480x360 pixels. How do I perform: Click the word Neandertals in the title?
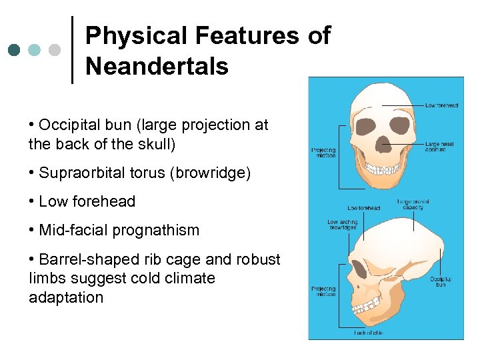157,66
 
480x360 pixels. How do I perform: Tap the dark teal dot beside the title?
14,50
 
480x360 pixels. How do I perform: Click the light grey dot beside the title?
55,50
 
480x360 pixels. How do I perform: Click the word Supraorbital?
86,173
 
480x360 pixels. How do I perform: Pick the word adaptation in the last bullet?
66,297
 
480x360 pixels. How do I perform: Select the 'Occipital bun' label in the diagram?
440,282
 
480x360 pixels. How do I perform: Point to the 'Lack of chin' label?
368,332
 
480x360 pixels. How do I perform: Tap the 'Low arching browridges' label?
342,225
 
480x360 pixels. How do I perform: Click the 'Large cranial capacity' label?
413,204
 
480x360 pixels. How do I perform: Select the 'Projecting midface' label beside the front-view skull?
324,153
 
